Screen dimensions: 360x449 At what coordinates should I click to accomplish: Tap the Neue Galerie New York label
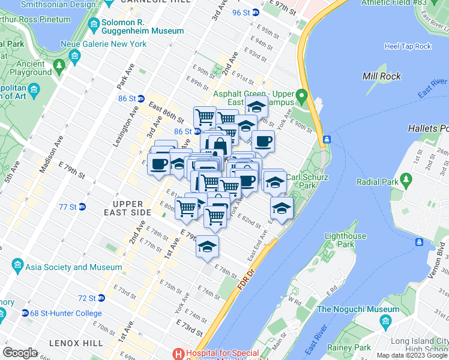tap(110, 44)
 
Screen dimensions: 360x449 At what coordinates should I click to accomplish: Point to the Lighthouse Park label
tap(345, 240)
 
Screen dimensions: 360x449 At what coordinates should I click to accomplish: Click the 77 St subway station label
tap(67, 207)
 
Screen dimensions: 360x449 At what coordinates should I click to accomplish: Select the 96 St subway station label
tap(240, 12)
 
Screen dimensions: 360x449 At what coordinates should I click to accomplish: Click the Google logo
tap(20, 352)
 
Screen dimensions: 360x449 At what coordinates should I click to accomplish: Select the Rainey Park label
tap(349, 347)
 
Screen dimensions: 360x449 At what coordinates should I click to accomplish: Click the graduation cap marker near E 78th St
tap(208, 247)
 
